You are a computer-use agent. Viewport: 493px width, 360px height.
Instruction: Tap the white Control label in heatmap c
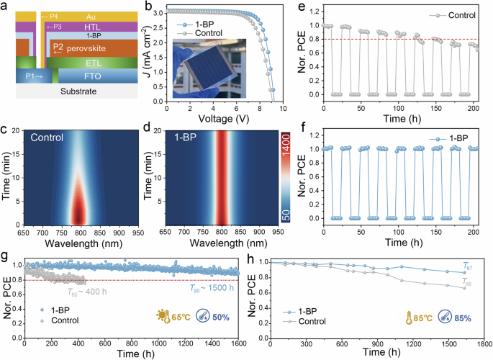coord(46,136)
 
